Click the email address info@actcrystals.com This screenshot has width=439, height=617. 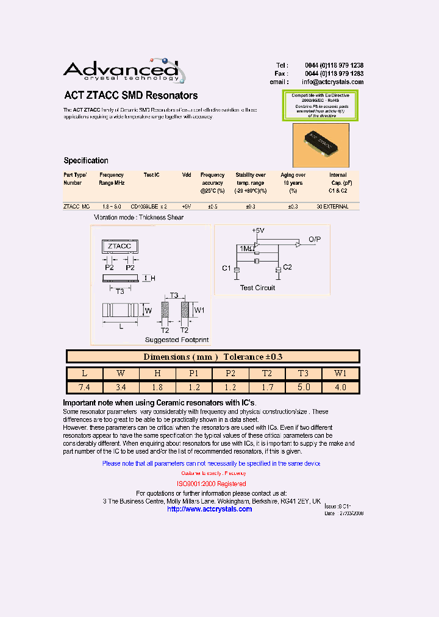click(332, 82)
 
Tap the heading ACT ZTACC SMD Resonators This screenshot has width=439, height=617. click(131, 96)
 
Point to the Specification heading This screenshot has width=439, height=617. click(86, 161)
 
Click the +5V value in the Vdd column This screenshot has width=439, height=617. click(187, 207)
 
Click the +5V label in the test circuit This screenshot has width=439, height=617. click(259, 230)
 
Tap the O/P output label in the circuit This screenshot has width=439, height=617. click(315, 238)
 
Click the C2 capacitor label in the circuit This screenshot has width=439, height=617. click(288, 267)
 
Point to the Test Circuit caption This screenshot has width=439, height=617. click(257, 288)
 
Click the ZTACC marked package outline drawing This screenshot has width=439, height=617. click(120, 246)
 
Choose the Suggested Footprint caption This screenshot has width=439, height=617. click(177, 340)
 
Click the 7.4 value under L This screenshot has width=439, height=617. click(84, 387)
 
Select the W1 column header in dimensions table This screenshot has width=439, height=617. click(340, 373)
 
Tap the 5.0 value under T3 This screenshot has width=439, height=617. click(304, 387)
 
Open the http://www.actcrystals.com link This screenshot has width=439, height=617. click(209, 509)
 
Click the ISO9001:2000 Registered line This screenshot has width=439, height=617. click(212, 483)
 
